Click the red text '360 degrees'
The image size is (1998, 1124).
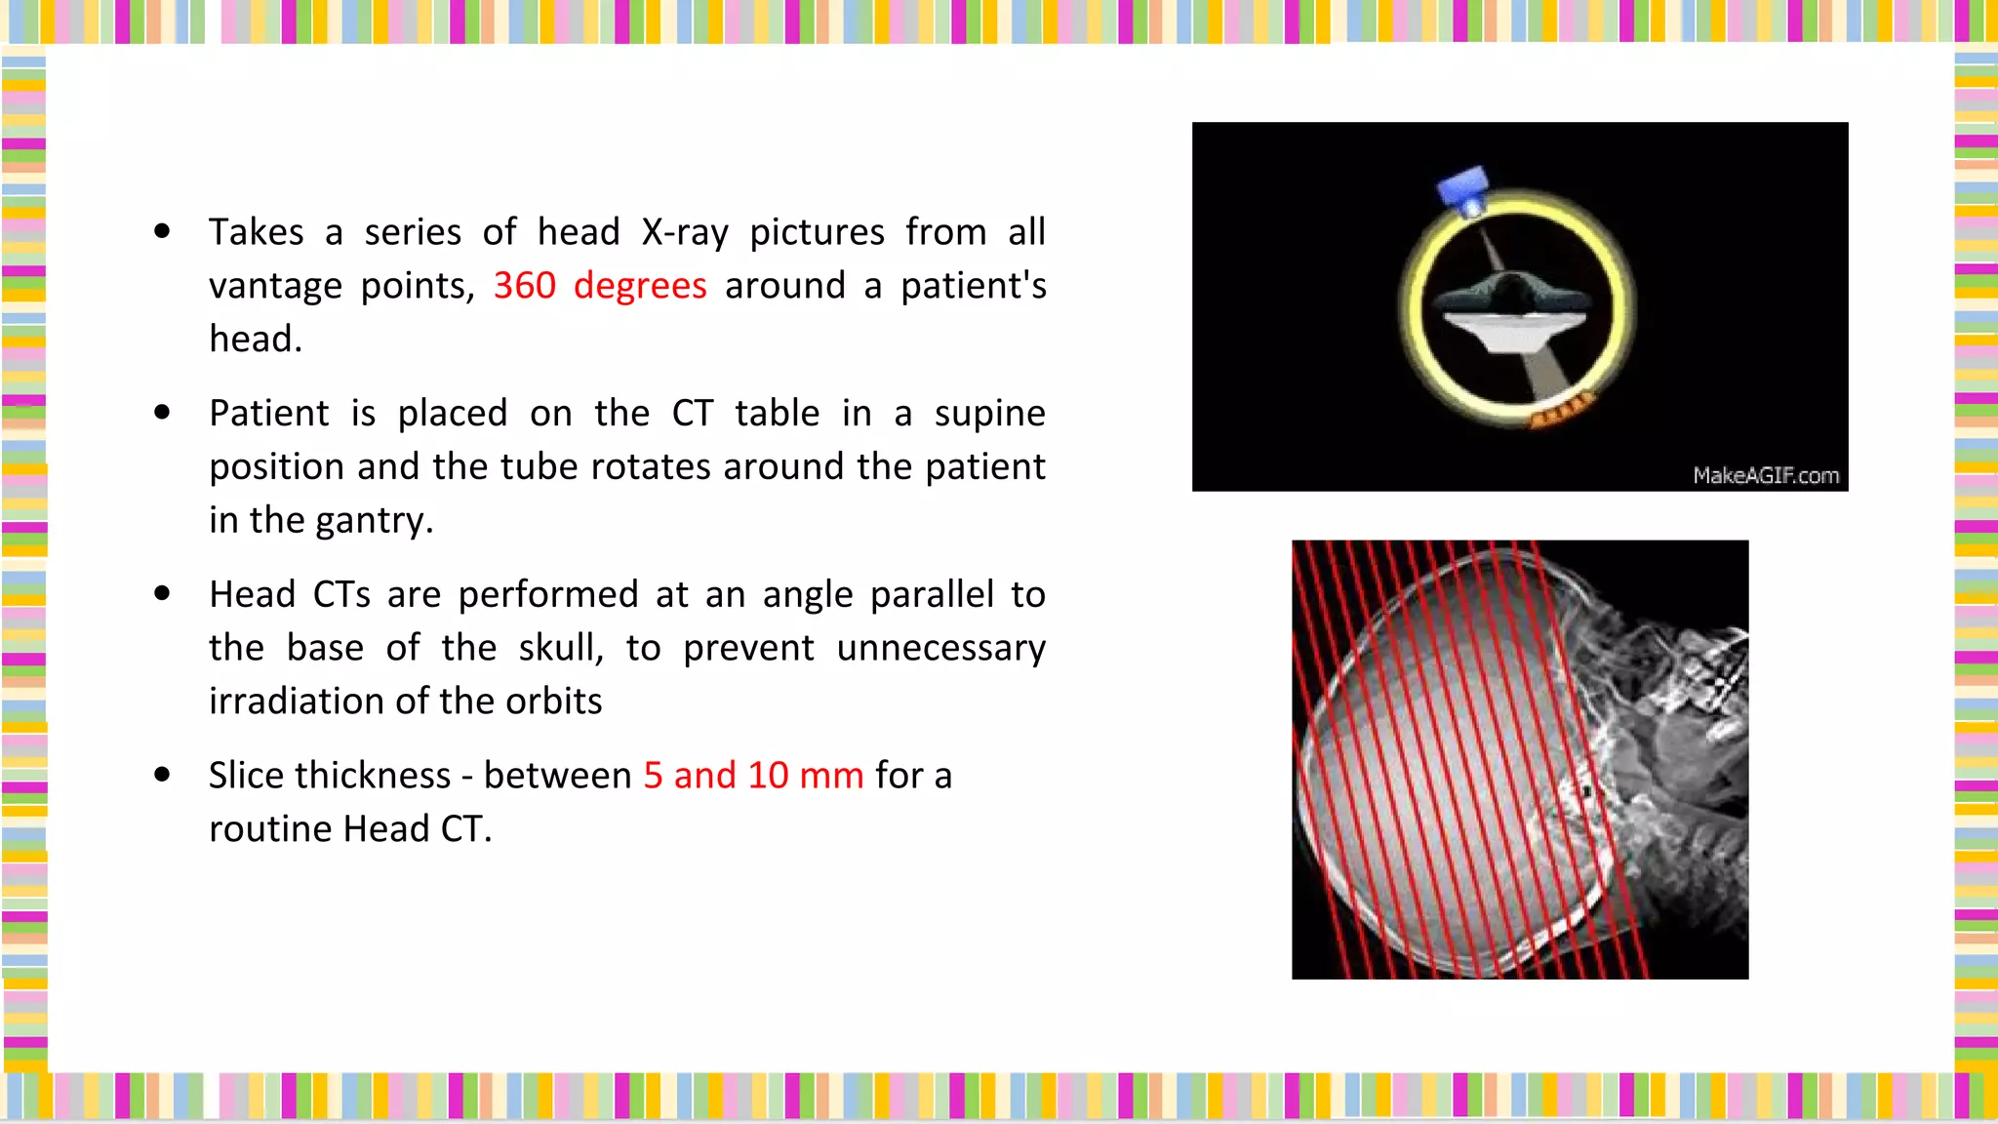click(599, 286)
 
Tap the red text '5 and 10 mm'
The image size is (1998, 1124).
click(753, 776)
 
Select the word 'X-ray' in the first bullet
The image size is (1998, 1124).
click(685, 232)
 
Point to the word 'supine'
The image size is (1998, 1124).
click(989, 414)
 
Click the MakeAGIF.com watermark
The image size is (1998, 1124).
click(1766, 475)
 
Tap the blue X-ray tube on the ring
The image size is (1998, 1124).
click(1464, 189)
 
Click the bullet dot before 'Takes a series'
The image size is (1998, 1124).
click(163, 231)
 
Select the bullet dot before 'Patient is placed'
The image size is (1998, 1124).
click(163, 413)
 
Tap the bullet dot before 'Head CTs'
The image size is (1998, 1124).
click(163, 593)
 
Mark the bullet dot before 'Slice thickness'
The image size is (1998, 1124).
click(163, 775)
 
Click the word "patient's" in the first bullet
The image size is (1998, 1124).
click(973, 286)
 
